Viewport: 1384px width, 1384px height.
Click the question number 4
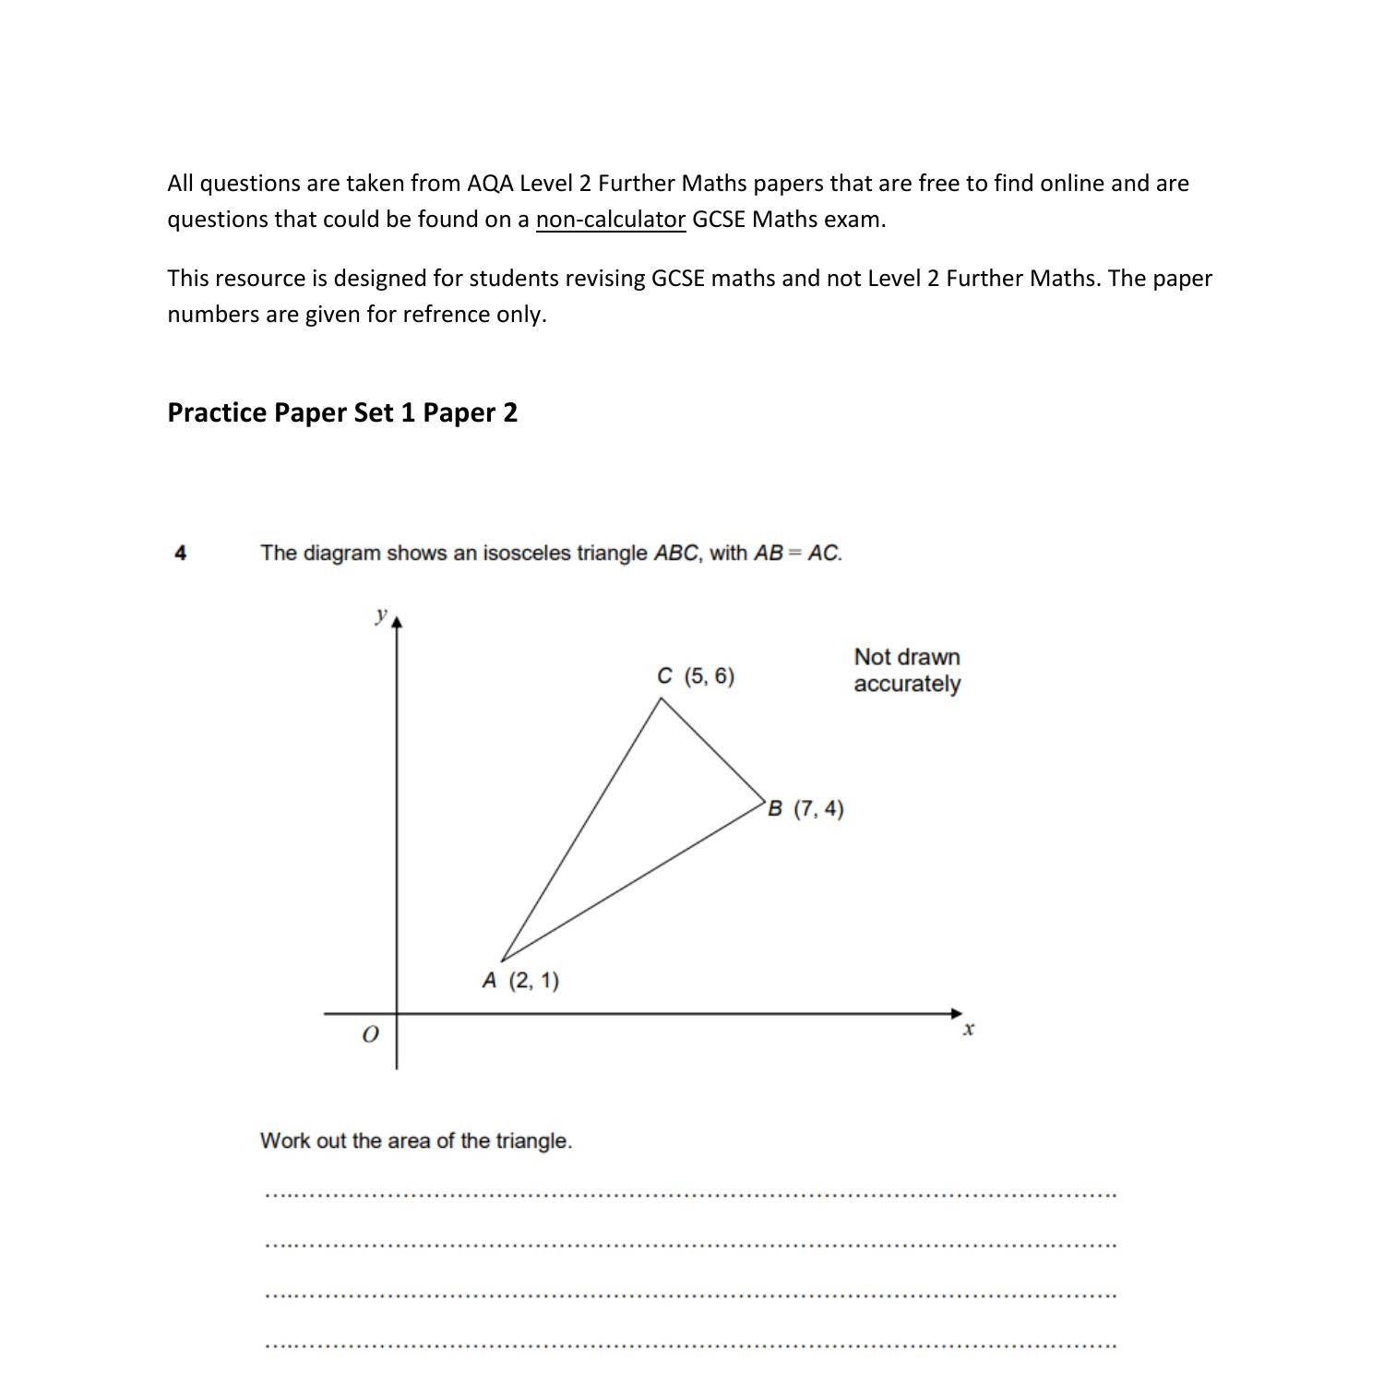(181, 554)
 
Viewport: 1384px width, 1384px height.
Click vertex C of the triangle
(662, 698)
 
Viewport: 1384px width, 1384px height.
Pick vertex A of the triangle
(501, 960)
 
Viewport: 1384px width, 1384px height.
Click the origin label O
(370, 1035)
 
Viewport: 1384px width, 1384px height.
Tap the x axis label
(969, 1030)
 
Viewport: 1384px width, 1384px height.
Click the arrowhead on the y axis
(397, 623)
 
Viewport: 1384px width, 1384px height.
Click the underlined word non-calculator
(610, 220)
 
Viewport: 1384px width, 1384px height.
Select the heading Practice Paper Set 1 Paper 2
(342, 412)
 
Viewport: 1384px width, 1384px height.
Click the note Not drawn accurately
(906, 671)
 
